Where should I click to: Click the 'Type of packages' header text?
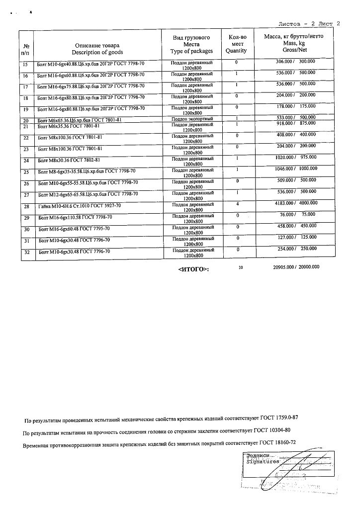tap(191, 51)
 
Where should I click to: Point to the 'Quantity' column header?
tap(236, 51)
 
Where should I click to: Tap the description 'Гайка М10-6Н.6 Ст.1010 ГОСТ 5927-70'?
tap(80, 206)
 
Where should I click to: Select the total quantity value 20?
tap(241, 267)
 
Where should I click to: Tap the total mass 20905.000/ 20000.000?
tap(296, 267)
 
